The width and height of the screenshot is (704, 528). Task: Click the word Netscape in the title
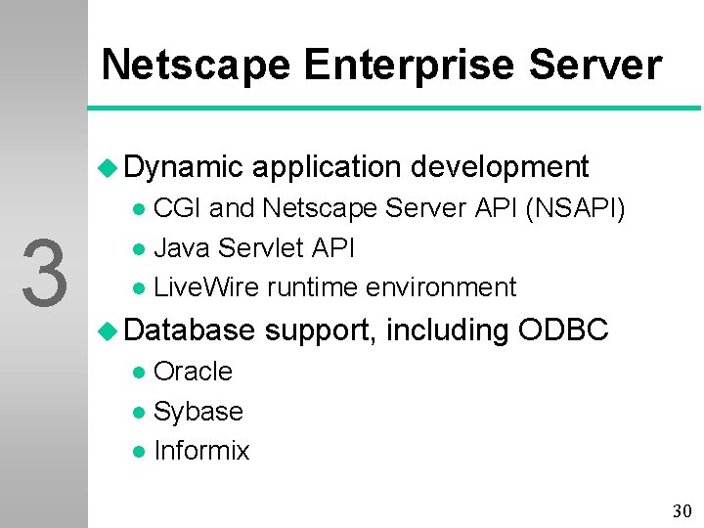[196, 66]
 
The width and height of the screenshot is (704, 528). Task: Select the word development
[500, 167]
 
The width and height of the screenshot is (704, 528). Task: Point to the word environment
[440, 287]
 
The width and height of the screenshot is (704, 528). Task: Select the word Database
[190, 330]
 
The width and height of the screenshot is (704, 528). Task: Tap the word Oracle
[193, 372]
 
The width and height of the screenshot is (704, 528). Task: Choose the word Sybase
[198, 412]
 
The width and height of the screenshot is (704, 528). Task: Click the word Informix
[201, 451]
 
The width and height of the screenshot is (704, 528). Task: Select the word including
[448, 330]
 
